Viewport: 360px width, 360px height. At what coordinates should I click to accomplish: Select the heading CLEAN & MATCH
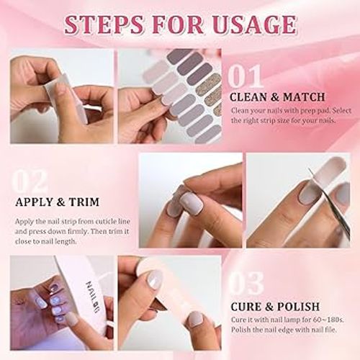point(276,96)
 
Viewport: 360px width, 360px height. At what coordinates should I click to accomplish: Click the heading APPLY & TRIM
point(57,202)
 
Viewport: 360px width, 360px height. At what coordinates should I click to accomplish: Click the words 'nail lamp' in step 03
point(282,320)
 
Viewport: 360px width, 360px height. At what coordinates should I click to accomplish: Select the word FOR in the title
point(181,24)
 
